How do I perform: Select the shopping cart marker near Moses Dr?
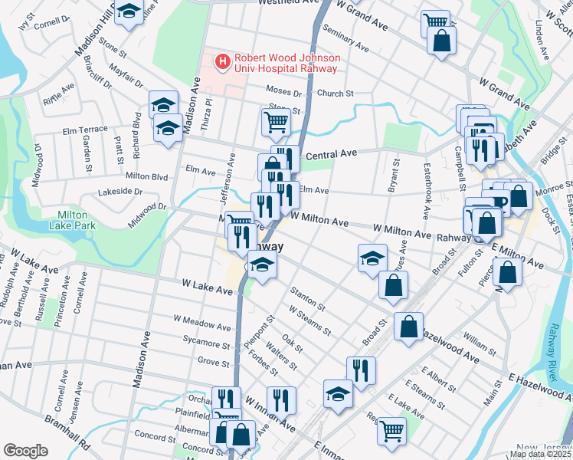[x=276, y=120]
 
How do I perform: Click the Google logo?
[x=25, y=450]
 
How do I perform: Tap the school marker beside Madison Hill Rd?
[x=129, y=11]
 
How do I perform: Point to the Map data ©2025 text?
[x=540, y=454]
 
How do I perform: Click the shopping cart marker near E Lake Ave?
[x=391, y=430]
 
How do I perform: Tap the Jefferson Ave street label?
[x=228, y=181]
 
